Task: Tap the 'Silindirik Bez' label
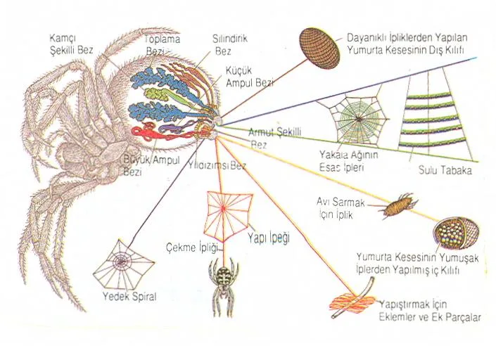tap(229, 44)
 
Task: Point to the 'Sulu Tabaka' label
tap(445, 170)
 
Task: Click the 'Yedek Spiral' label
tap(129, 297)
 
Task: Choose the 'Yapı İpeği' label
tap(269, 238)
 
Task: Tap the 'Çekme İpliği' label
tap(192, 247)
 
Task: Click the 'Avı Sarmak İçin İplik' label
tap(341, 209)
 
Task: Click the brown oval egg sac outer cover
tap(319, 47)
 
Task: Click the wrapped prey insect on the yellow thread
tap(398, 206)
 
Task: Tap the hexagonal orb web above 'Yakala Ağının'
tap(352, 119)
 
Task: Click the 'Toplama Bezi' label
tap(162, 44)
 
